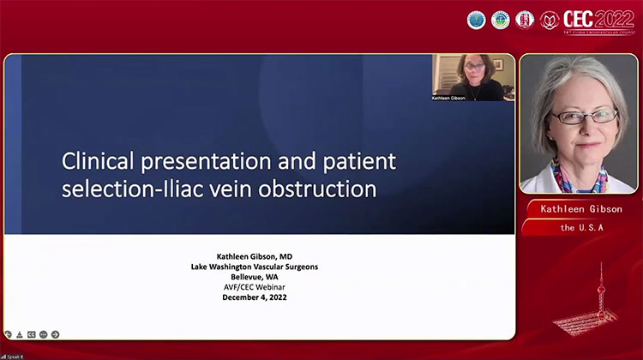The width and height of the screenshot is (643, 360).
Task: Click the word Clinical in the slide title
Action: [x=95, y=162]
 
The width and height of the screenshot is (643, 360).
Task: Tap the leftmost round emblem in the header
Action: [x=477, y=19]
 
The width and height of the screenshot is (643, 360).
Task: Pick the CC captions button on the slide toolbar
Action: [x=32, y=333]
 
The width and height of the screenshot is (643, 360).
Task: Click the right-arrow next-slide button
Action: [x=55, y=333]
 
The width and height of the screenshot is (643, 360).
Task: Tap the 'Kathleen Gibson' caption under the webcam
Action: [x=473, y=99]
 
